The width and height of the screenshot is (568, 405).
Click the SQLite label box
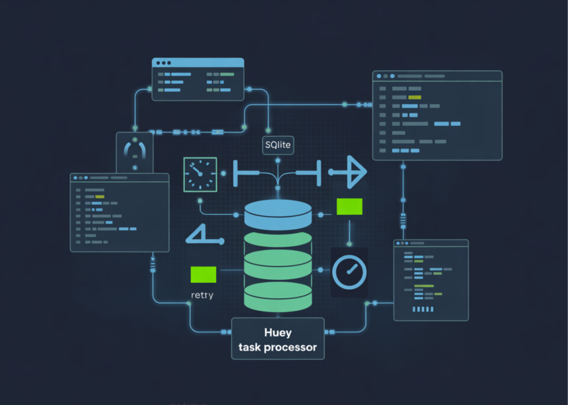tap(277, 145)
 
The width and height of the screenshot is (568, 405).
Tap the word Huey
tap(277, 333)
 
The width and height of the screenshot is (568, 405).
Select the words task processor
tap(277, 347)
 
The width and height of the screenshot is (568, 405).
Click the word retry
tap(202, 295)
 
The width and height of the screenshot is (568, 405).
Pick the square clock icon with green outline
tap(200, 173)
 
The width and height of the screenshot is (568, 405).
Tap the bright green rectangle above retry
tap(203, 275)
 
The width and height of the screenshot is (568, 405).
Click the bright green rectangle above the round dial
tap(349, 207)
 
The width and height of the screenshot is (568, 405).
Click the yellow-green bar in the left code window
tap(100, 197)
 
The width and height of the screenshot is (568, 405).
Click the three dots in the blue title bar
tap(164, 63)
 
